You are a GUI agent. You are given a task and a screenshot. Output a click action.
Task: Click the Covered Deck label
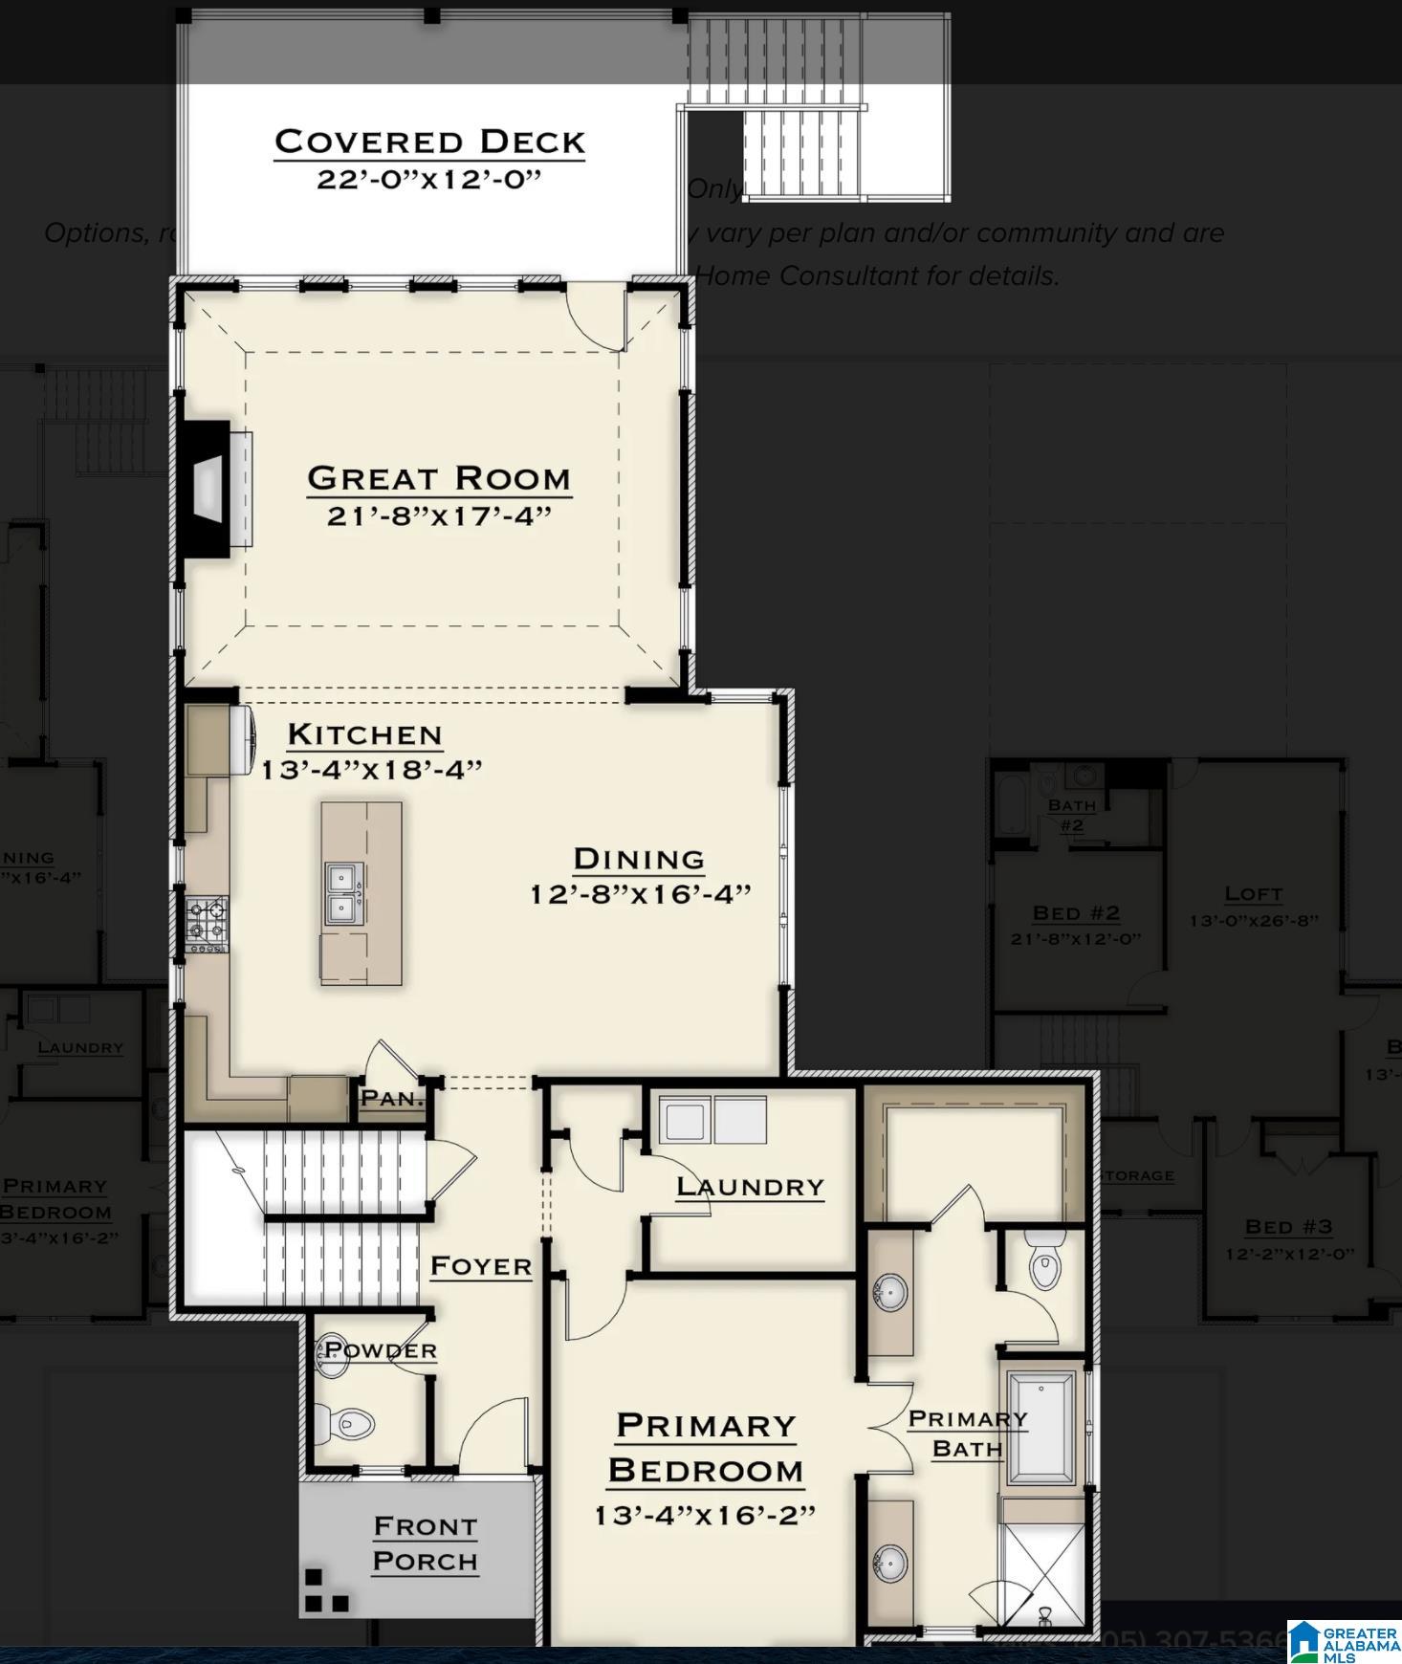click(429, 142)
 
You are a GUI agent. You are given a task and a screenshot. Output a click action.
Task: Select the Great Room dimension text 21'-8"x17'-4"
click(439, 516)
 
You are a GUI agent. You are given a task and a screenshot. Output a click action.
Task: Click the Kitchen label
click(364, 734)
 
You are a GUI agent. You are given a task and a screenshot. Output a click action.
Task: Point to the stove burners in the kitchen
click(207, 924)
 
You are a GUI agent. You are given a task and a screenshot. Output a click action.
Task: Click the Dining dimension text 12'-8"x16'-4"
click(640, 894)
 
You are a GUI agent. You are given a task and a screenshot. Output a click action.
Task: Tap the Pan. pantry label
click(391, 1098)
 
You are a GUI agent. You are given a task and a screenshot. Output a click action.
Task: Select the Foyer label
click(480, 1266)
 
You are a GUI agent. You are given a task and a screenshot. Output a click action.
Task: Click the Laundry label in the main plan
click(750, 1187)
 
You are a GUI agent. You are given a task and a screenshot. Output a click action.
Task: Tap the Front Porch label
click(425, 1544)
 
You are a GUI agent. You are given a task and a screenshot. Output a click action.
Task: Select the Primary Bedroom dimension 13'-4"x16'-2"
click(705, 1516)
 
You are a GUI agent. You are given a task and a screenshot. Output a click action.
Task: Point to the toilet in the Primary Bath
click(1045, 1261)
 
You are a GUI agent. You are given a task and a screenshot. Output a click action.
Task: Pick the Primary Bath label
click(967, 1434)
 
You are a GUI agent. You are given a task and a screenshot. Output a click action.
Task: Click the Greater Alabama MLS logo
click(1344, 1641)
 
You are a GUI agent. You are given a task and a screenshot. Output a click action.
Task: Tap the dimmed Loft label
click(1253, 893)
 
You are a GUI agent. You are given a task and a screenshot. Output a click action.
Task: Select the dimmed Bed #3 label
click(1288, 1226)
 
